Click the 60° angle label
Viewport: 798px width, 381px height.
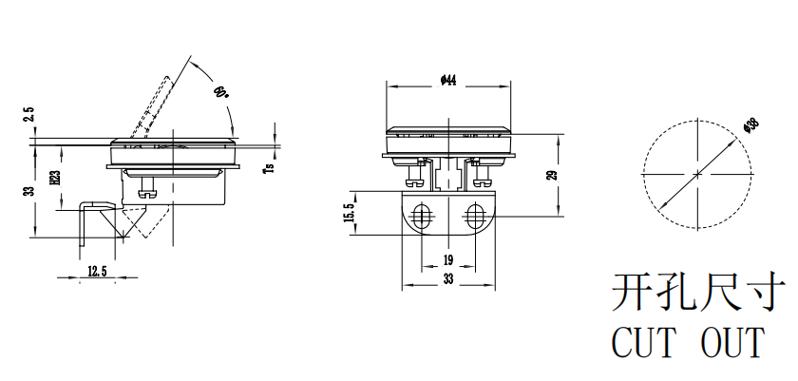[221, 93]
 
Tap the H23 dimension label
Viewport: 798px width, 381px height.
[56, 177]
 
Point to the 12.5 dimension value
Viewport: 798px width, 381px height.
[96, 272]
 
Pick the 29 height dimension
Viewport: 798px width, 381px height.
[551, 175]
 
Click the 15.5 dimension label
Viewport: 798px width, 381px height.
[350, 214]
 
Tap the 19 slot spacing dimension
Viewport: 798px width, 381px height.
[446, 260]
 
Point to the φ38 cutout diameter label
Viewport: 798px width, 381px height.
[750, 124]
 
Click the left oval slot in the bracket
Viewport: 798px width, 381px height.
[421, 216]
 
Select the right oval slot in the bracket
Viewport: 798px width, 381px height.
[474, 216]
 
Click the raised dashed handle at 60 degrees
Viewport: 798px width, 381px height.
[155, 105]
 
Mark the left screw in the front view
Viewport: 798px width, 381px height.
[415, 173]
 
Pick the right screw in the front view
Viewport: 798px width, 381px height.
[479, 173]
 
